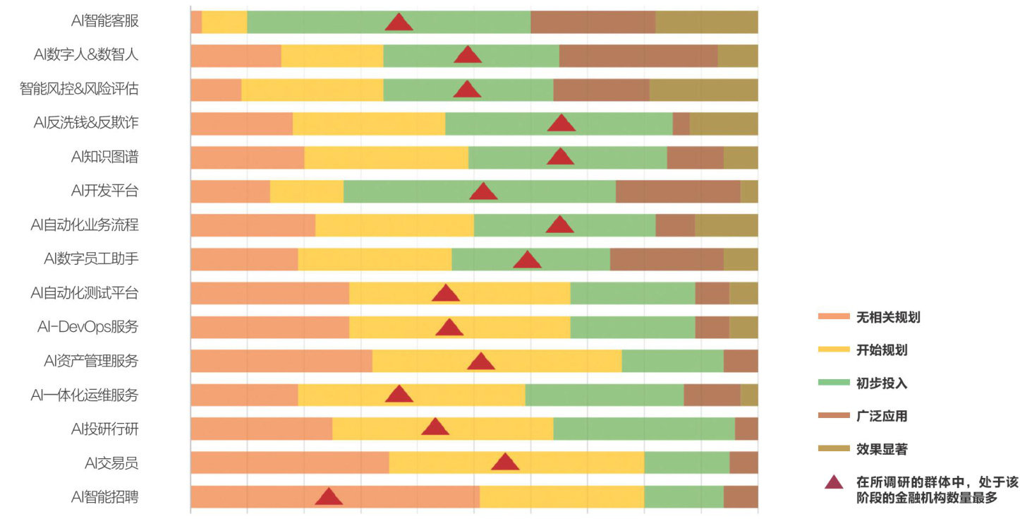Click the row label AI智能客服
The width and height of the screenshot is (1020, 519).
(x=104, y=20)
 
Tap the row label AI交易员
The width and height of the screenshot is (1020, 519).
(x=111, y=463)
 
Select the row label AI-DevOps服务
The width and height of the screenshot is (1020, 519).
(x=87, y=327)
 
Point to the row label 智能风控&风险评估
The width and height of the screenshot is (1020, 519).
(x=79, y=89)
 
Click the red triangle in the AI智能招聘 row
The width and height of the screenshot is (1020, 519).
(x=329, y=497)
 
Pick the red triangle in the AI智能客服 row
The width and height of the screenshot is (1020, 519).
(x=399, y=23)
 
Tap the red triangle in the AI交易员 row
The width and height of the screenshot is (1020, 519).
(x=505, y=463)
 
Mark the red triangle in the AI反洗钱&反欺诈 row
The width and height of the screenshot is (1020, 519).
(x=561, y=124)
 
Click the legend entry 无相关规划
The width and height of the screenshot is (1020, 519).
(x=887, y=317)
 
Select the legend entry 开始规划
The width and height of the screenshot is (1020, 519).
(x=881, y=350)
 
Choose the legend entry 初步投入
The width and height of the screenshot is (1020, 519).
(x=881, y=383)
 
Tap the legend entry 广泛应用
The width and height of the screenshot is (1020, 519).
(x=881, y=416)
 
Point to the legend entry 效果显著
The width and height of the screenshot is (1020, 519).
(x=881, y=449)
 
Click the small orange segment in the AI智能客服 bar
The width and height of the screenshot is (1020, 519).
(x=196, y=22)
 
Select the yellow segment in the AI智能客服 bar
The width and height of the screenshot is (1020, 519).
(x=224, y=22)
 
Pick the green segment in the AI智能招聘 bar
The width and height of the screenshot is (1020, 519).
(x=684, y=496)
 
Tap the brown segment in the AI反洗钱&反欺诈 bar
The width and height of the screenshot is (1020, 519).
(x=681, y=124)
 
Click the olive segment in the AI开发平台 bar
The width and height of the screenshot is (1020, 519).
(x=749, y=191)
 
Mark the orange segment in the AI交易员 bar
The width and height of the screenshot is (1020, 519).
(x=289, y=463)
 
